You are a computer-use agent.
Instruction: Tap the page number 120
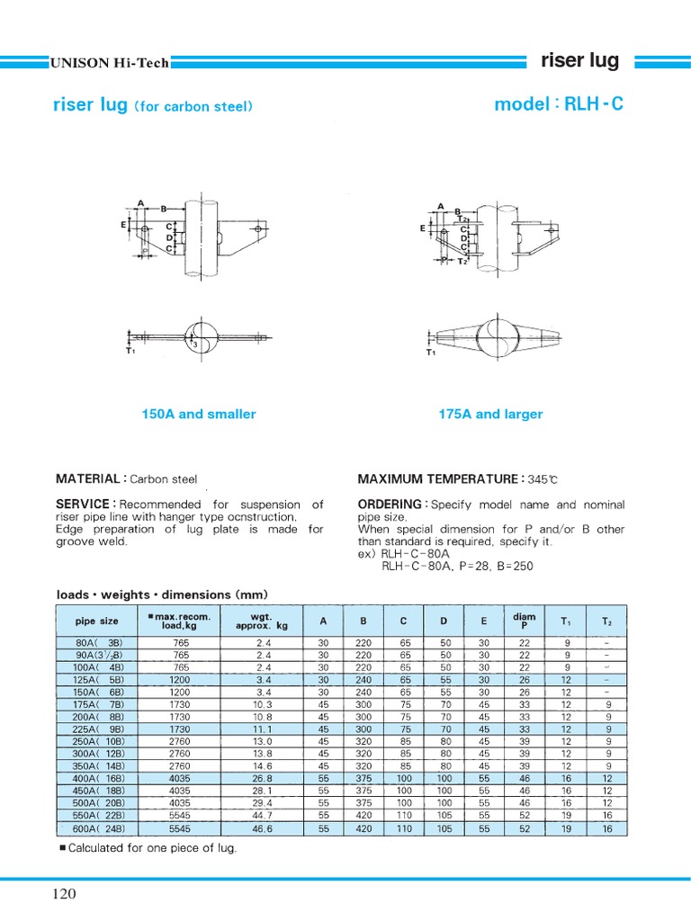click(x=64, y=894)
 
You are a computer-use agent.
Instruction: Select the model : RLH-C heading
click(x=558, y=104)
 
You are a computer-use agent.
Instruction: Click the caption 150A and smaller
click(x=198, y=415)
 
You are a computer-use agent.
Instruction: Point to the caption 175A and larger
click(x=490, y=415)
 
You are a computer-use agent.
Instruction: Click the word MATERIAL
click(x=88, y=479)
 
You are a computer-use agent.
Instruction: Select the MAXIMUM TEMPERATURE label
click(x=436, y=479)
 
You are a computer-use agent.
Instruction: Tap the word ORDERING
click(x=389, y=505)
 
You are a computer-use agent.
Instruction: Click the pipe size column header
click(x=96, y=621)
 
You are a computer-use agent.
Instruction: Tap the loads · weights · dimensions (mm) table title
click(x=162, y=595)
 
